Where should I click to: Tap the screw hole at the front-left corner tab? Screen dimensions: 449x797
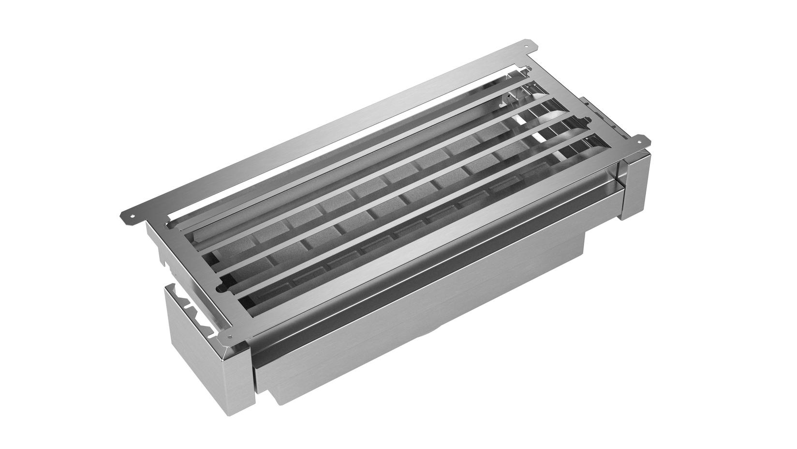[229, 336]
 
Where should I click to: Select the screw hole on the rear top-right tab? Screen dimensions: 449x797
[532, 46]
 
